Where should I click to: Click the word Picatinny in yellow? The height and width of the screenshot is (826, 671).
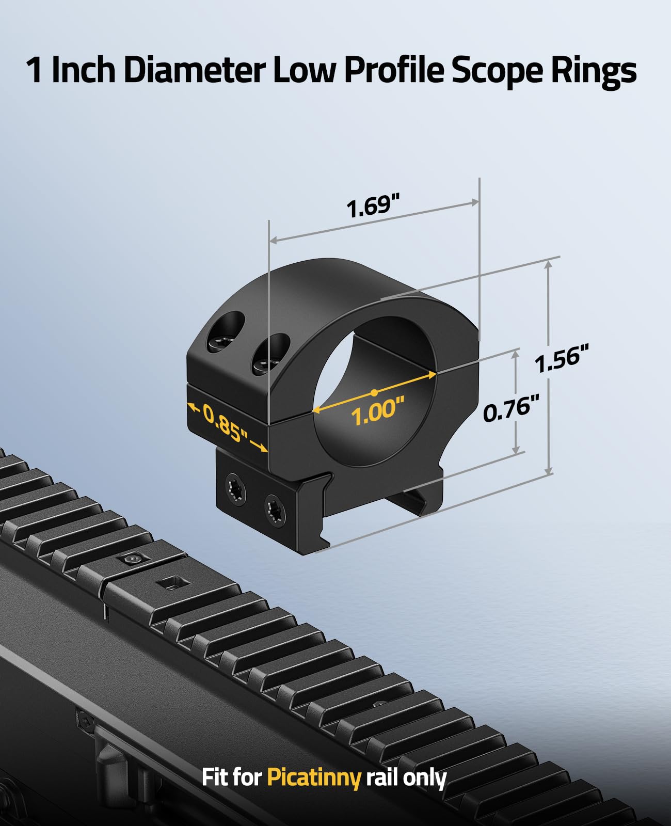pyautogui.click(x=313, y=777)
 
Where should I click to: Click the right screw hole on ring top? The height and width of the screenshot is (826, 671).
pyautogui.click(x=270, y=354)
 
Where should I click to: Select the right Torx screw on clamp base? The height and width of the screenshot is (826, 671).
pyautogui.click(x=275, y=512)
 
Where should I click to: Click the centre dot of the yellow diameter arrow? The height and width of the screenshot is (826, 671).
pyautogui.click(x=373, y=392)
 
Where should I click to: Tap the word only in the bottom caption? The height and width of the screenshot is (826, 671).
pyautogui.click(x=425, y=777)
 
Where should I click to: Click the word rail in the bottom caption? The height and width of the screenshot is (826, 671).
pyautogui.click(x=381, y=777)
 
